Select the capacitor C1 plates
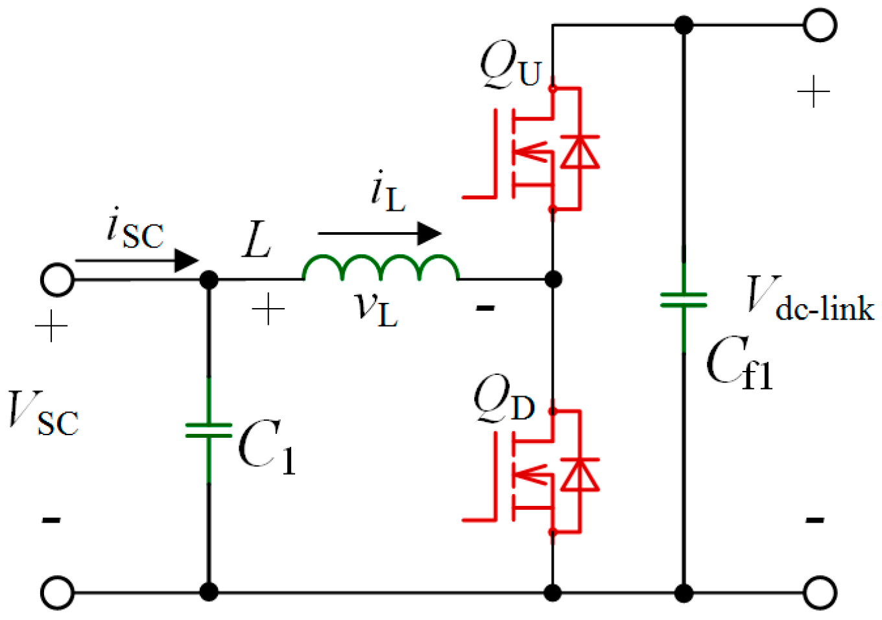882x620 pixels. click(208, 431)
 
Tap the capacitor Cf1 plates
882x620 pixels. click(684, 300)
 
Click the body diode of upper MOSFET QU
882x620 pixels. click(579, 151)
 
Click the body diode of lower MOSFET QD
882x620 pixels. click(579, 474)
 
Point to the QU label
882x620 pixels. click(510, 65)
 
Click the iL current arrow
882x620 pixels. click(379, 233)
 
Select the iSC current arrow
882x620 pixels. click(137, 261)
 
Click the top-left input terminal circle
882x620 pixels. click(57, 280)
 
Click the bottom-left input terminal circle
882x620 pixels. click(57, 592)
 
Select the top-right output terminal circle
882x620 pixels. click(820, 25)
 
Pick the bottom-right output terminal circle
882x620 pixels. click(820, 592)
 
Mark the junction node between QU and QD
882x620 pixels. click(553, 280)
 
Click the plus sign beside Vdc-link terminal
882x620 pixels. click(813, 92)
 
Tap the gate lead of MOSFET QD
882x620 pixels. click(479, 519)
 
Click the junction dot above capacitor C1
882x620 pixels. click(208, 280)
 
